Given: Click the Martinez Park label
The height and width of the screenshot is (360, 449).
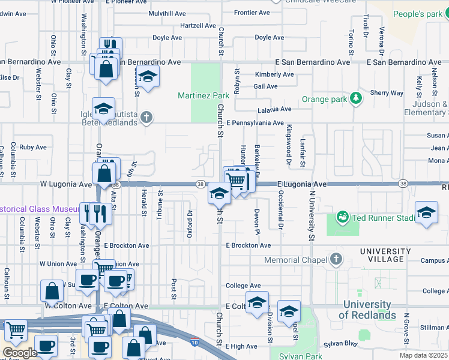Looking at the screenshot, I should point(203,95).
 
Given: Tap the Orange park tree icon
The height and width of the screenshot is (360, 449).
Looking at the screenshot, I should point(357,98).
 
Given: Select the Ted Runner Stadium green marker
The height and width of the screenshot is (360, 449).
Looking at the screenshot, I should point(343,216).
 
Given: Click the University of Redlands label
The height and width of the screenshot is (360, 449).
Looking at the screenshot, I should point(367,310).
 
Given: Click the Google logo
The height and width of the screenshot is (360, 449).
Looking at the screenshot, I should point(20,353).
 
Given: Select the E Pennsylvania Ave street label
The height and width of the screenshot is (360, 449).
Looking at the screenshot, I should point(255,123).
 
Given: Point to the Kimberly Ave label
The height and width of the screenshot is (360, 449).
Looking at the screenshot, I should point(274,74).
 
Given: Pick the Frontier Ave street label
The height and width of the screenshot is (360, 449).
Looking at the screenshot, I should point(252,12).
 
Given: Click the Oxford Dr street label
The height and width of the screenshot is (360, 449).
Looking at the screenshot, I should point(190,221).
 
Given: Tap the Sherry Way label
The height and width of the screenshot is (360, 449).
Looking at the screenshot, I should point(387,93).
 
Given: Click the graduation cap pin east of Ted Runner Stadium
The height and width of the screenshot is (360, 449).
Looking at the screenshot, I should point(426,213).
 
